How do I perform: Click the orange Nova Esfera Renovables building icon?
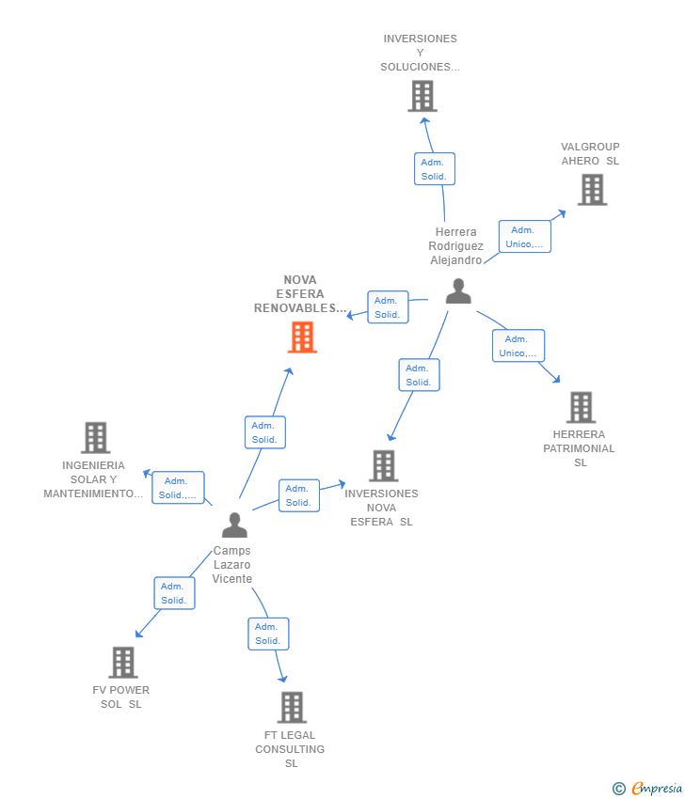point(302,337)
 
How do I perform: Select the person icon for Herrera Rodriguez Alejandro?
point(458,291)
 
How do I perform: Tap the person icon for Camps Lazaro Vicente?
point(234,525)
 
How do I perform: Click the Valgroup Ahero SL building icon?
point(592,190)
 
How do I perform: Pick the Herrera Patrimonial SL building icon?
point(581,407)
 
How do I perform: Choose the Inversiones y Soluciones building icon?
point(422,96)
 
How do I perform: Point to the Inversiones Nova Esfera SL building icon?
point(383,465)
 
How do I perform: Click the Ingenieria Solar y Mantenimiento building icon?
point(95,437)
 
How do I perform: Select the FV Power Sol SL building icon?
point(123,663)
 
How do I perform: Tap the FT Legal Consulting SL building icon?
point(292,707)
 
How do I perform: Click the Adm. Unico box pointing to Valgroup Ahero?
point(524,237)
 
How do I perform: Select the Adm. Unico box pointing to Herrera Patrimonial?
point(518,346)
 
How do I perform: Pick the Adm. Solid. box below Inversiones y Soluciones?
point(434,169)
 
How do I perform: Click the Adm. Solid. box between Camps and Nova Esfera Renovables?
point(264,432)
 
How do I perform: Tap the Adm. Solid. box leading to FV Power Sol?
point(174,593)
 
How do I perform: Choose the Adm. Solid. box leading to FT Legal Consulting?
point(268,634)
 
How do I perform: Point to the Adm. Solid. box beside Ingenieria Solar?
point(178,488)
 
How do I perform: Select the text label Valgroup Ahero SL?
point(590,153)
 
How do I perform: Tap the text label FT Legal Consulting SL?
point(290,749)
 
